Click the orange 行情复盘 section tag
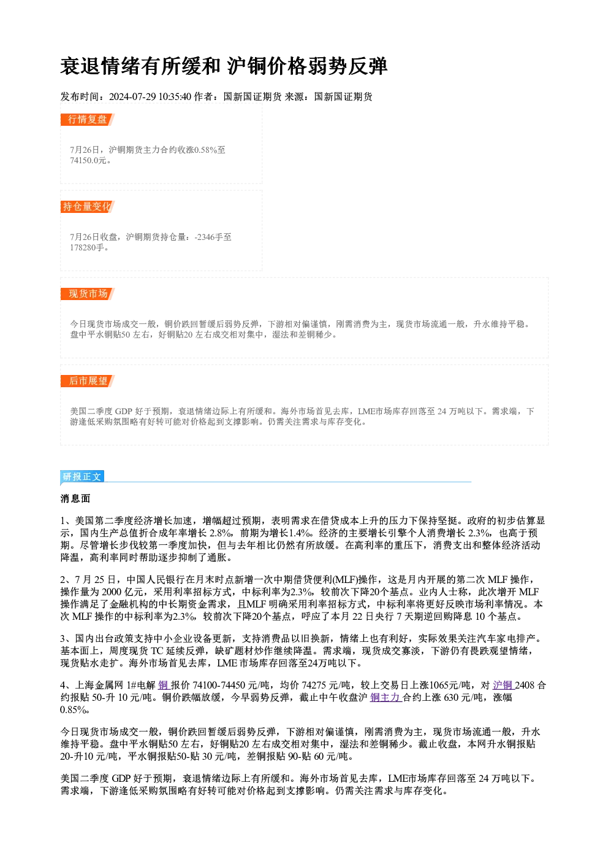pyautogui.click(x=87, y=120)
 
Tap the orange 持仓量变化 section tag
pyautogui.click(x=87, y=207)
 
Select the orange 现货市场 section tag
pyautogui.click(x=87, y=294)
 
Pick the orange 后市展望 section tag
pyautogui.click(x=87, y=381)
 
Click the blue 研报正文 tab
pyautogui.click(x=82, y=477)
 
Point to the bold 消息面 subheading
pyautogui.click(x=75, y=499)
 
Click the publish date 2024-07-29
pyautogui.click(x=132, y=96)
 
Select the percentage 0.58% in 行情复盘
pyautogui.click(x=205, y=150)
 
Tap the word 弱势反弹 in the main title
pyautogui.click(x=347, y=66)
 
